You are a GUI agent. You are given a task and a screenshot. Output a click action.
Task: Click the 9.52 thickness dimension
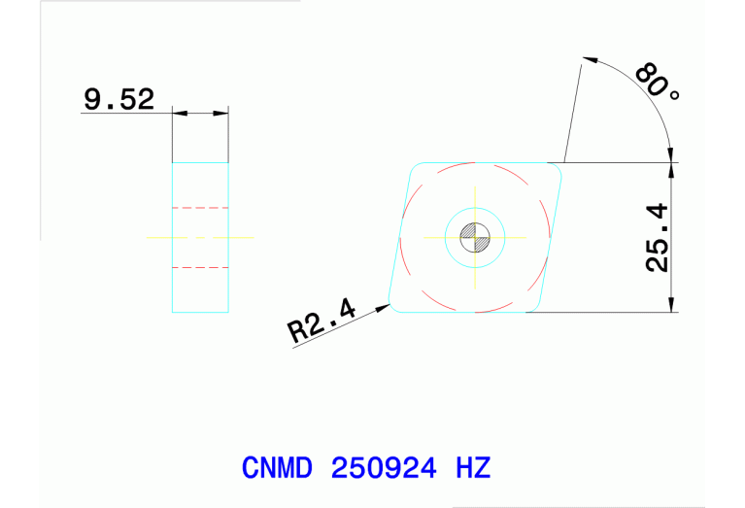(x=119, y=100)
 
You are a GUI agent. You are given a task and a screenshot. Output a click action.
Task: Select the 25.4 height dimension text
(x=658, y=237)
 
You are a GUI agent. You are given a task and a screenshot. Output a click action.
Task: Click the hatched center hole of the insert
(x=475, y=237)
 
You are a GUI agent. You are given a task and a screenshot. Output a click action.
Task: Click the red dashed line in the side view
(x=200, y=208)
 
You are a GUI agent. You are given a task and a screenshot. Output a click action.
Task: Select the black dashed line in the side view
(x=200, y=266)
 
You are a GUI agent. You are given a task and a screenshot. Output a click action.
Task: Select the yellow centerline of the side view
(x=200, y=236)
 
